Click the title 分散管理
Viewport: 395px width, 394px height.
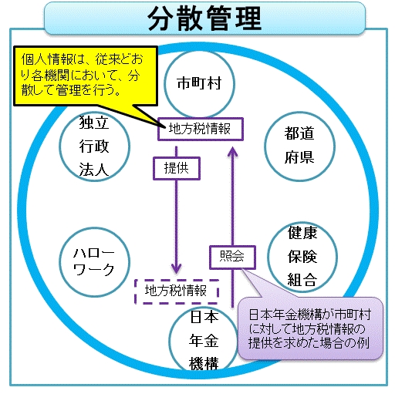204,19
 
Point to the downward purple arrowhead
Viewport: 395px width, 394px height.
177,268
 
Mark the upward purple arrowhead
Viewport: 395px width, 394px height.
233,152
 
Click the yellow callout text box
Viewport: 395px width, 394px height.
86,76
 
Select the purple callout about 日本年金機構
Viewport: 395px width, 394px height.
310,328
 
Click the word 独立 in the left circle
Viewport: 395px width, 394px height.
94,123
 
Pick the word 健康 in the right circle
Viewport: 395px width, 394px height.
302,233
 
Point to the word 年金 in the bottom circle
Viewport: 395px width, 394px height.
204,341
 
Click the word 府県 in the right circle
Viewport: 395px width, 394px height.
299,157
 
